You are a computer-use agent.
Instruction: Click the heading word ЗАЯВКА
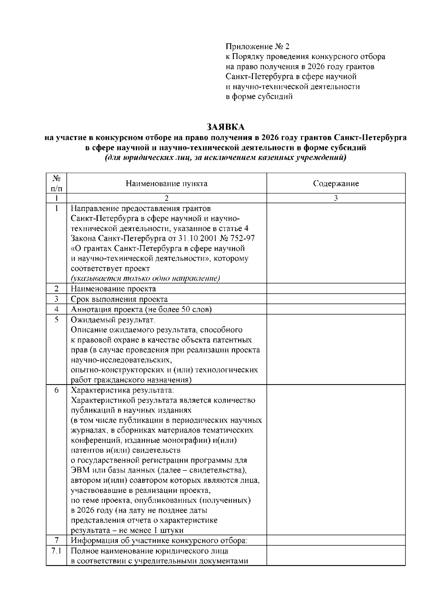pos(226,127)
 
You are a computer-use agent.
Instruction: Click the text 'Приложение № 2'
pos(257,47)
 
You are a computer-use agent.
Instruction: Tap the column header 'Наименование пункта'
pos(166,184)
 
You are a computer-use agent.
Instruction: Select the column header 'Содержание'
pos(336,184)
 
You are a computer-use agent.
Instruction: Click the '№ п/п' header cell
pos(56,183)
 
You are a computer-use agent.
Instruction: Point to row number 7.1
pos(56,551)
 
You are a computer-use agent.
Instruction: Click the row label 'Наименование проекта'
pos(113,289)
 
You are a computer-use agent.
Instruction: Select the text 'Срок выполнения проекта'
pos(119,299)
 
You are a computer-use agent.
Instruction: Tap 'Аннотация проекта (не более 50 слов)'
pos(141,309)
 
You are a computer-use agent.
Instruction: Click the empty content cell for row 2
pos(336,289)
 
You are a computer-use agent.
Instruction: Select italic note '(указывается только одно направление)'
pos(145,279)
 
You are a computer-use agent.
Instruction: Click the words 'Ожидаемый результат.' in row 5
pos(113,320)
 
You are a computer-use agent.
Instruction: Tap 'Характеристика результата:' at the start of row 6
pos(122,390)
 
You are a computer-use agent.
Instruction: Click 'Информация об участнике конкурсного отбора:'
pos(159,540)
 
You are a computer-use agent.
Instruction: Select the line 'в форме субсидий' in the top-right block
pos(259,97)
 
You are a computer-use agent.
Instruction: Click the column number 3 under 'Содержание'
pos(336,198)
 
